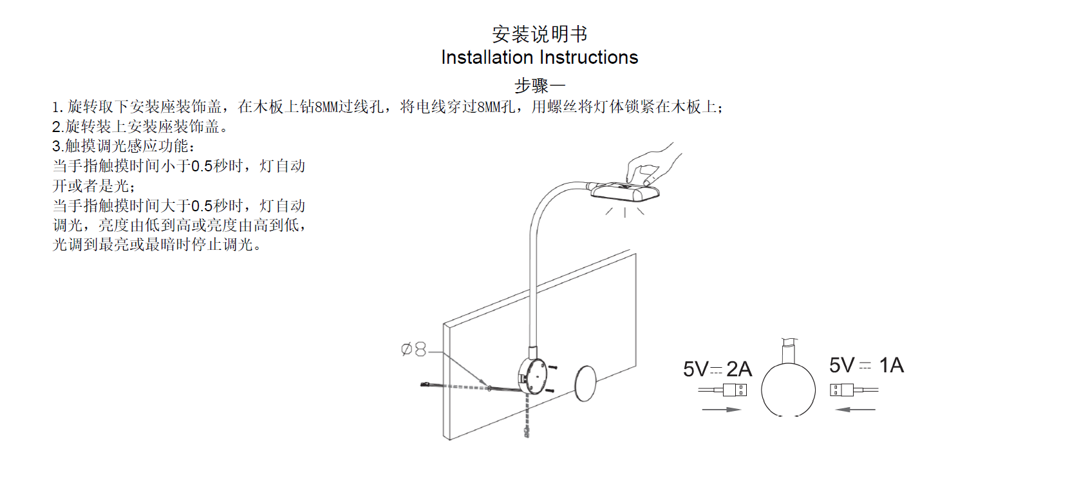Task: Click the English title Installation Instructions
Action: pos(539,57)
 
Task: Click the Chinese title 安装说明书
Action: pos(539,33)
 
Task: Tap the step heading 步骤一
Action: pos(539,85)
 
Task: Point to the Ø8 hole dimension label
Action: pos(413,349)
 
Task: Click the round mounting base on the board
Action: pos(532,376)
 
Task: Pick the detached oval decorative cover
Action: pos(585,383)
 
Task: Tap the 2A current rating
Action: pos(739,369)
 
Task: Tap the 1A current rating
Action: pos(892,365)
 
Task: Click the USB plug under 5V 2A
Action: pos(734,390)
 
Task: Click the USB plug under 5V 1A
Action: pos(842,390)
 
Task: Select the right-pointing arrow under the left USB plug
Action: pos(721,409)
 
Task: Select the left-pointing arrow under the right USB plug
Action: pos(856,409)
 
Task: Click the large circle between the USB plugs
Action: pos(788,390)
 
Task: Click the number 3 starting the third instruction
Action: pos(56,146)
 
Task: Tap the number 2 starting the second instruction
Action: pos(56,127)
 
